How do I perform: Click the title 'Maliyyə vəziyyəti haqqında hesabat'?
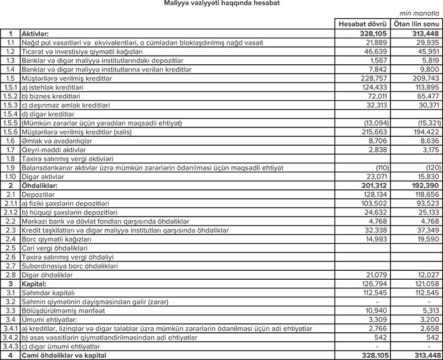pos(221,4)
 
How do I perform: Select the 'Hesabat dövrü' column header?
pos(363,25)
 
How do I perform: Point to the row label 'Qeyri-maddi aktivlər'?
pos(49,150)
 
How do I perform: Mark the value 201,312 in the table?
pos(373,186)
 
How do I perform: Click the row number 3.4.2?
pos(10,338)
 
